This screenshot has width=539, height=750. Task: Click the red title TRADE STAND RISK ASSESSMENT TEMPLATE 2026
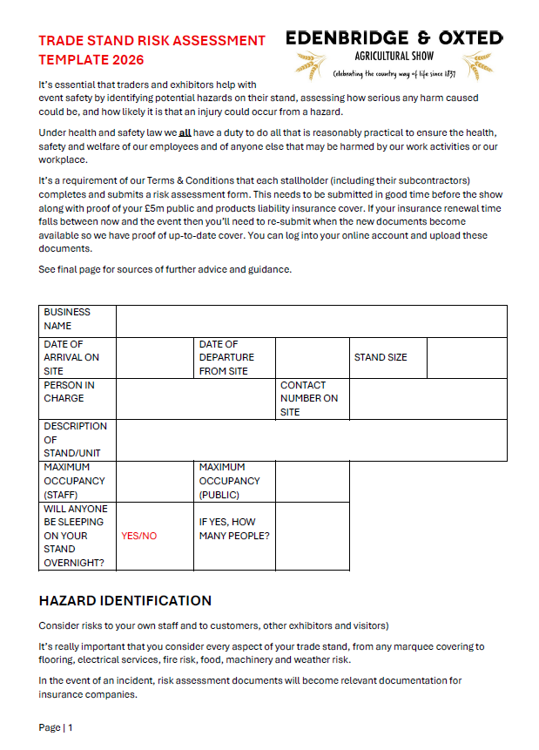point(152,51)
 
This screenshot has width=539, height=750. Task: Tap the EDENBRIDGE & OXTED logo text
point(394,37)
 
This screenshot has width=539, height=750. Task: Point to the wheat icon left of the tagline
point(307,65)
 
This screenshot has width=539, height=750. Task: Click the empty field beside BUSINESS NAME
point(311,320)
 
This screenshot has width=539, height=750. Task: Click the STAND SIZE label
point(381,357)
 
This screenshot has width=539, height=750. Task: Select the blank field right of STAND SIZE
point(466,357)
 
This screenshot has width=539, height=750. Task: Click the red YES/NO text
point(139,536)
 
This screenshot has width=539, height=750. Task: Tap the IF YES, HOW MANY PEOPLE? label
point(234,529)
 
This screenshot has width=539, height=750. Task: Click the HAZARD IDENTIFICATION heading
point(125,601)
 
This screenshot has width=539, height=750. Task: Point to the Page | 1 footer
point(56,727)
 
